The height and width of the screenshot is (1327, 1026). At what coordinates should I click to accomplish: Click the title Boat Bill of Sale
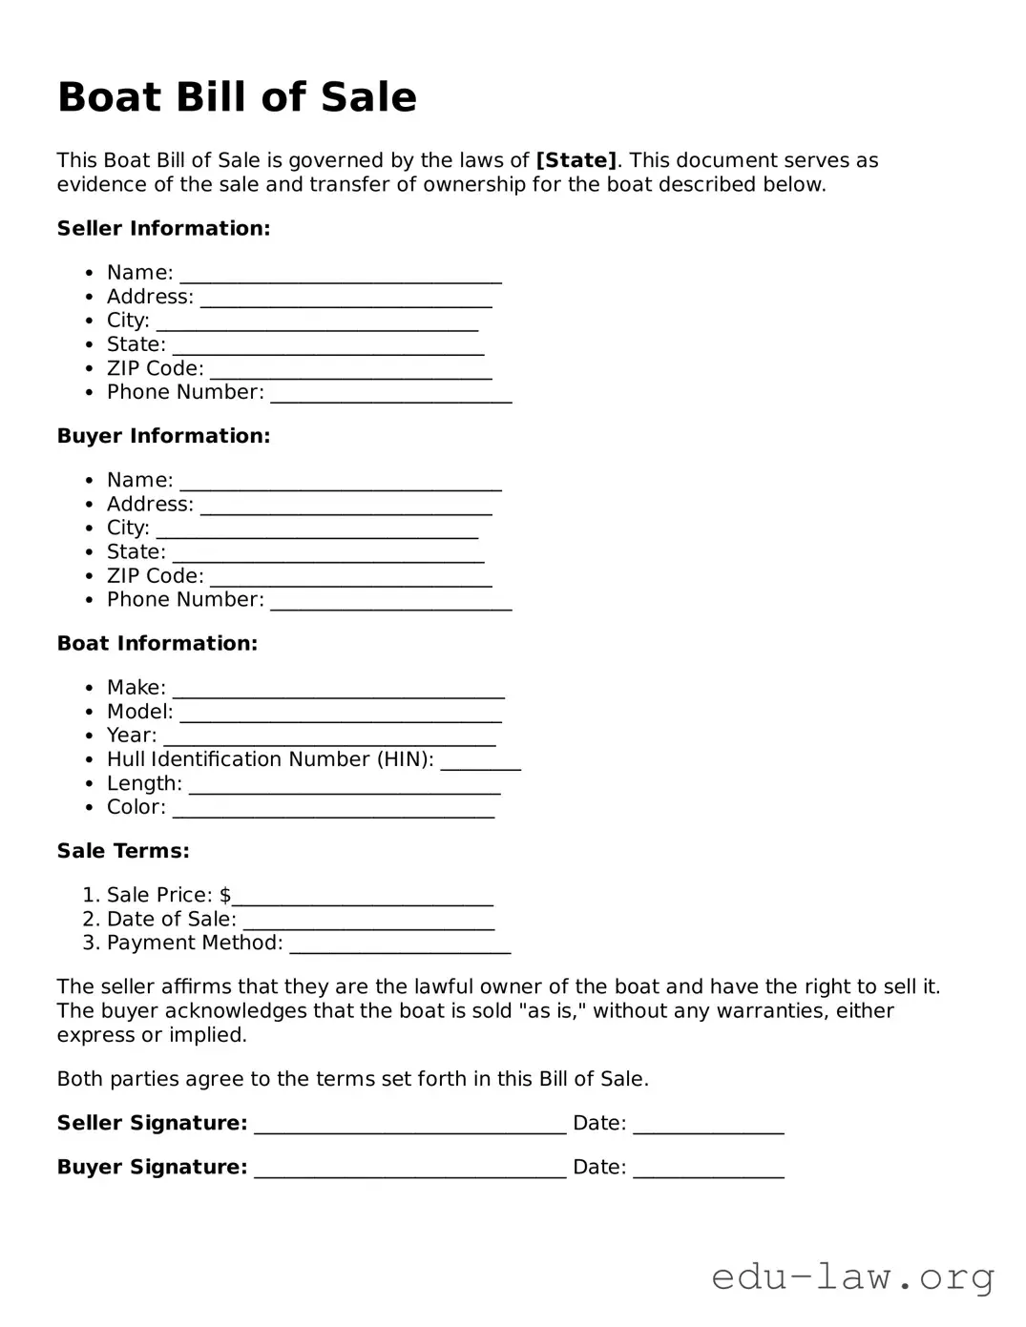(237, 97)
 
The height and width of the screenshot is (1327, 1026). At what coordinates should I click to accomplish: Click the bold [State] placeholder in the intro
(576, 160)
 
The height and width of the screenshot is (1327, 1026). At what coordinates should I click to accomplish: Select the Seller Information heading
(163, 228)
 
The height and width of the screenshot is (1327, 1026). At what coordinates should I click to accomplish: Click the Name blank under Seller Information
(341, 275)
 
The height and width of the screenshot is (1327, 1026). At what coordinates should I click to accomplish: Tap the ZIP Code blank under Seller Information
(350, 370)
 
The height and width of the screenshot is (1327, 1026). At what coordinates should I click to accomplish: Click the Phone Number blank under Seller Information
(391, 394)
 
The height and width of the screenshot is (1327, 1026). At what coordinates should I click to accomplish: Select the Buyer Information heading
(163, 436)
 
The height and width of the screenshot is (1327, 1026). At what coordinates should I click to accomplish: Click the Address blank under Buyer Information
(345, 506)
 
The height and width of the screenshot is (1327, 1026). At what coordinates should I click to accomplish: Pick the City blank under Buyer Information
(317, 529)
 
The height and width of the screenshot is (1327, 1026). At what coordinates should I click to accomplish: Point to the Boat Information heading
(157, 643)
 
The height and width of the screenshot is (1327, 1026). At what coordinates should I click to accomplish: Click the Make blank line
(338, 690)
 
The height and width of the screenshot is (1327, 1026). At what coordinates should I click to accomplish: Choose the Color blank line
(333, 809)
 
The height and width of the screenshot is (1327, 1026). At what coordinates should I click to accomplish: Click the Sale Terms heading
(123, 850)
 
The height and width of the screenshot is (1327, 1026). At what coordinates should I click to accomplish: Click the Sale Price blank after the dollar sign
(363, 897)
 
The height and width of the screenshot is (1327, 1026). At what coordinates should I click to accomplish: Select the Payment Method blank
(400, 944)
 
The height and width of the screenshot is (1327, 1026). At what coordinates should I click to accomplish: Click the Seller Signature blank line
(409, 1125)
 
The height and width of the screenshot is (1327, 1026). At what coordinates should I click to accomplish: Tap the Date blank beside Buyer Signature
(708, 1169)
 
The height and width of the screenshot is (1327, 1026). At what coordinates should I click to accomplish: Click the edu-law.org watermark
(853, 1275)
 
